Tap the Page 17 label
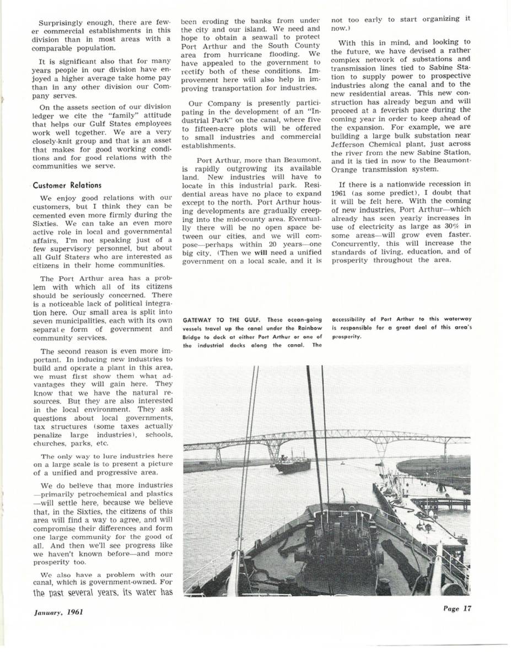[456, 609]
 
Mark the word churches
[50, 443]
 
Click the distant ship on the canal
[292, 463]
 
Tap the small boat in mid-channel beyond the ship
[342, 464]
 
